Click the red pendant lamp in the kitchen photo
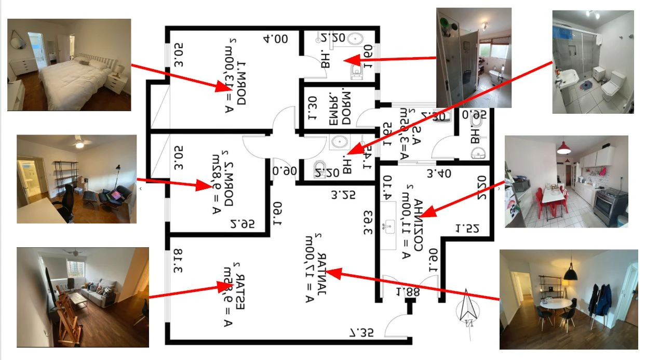coord(563,148)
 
